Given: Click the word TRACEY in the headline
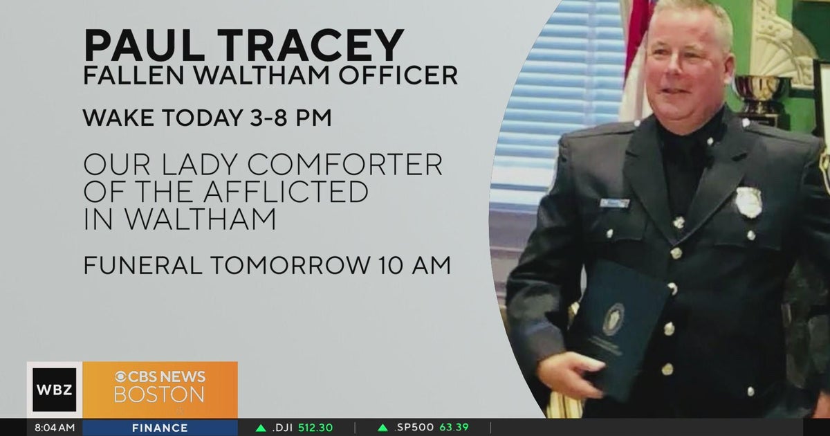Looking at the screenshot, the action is [311, 44].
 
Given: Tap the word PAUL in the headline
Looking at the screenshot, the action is [145, 44].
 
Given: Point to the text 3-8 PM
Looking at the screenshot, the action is [290, 118].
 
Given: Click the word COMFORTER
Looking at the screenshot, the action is [345, 165].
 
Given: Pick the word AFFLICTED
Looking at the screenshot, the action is [286, 192].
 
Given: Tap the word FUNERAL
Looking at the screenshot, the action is [143, 266].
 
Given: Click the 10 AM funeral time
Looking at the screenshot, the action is [414, 266].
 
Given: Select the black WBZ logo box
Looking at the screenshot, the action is [55, 390].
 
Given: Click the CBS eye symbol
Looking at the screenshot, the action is [121, 377].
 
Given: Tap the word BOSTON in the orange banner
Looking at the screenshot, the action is [159, 394].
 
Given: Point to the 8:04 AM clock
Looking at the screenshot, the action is [55, 428].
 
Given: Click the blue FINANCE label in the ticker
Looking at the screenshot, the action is [160, 428].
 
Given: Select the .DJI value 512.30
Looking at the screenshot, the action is [315, 428].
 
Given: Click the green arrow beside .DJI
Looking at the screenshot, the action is [261, 428].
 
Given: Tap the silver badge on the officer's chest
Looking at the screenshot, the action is [748, 202].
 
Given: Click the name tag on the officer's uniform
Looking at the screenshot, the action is [615, 203].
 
